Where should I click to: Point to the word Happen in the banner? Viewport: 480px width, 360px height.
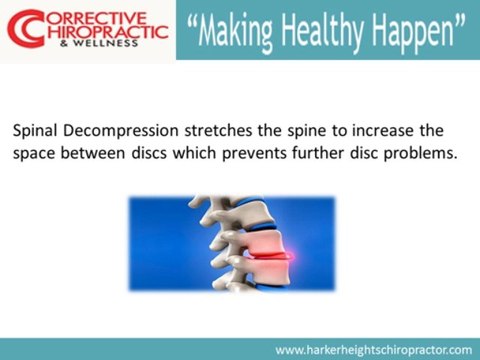[416, 32]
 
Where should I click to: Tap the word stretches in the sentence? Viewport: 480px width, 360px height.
[214, 131]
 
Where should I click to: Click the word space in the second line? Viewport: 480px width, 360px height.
[34, 156]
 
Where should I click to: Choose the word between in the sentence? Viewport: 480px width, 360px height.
[97, 155]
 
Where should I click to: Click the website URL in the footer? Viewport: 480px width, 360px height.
[373, 350]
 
